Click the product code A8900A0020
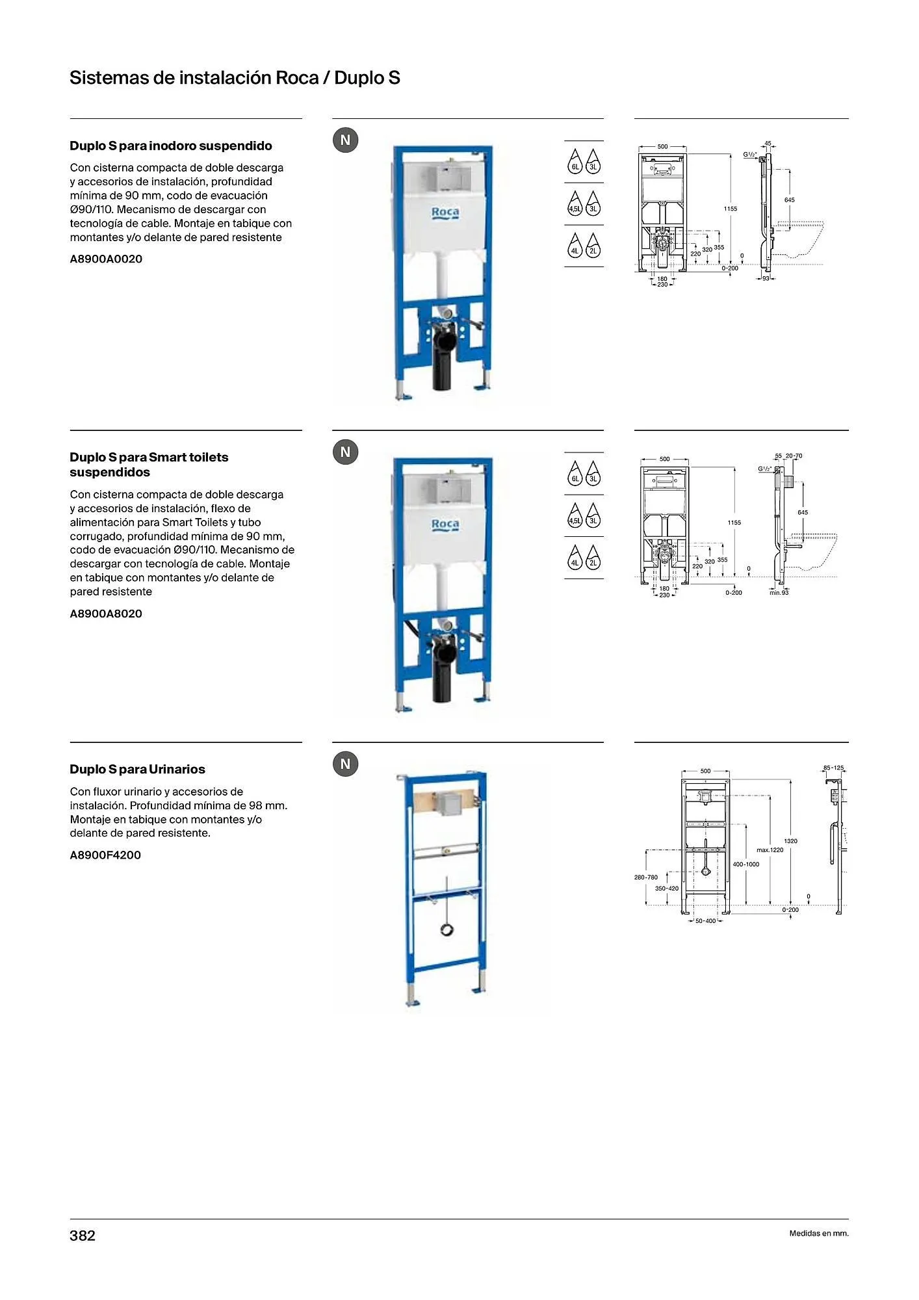(x=106, y=259)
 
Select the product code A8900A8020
(x=106, y=614)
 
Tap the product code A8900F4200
(x=105, y=855)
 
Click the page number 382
(x=83, y=1236)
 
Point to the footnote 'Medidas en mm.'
(x=818, y=1233)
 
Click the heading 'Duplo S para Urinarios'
(x=137, y=769)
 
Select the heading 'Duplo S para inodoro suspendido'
(x=171, y=146)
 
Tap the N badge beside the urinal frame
(x=346, y=764)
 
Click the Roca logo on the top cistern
(x=445, y=213)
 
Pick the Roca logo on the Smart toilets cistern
(x=445, y=525)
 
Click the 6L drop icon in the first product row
(x=575, y=161)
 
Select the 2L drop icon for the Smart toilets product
(x=593, y=558)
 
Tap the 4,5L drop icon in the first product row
(x=575, y=204)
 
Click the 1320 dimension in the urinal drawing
(x=790, y=841)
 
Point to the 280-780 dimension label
(x=646, y=877)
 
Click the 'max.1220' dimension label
(x=770, y=850)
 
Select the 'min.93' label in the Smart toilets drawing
(x=779, y=593)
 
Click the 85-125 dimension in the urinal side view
(x=833, y=768)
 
